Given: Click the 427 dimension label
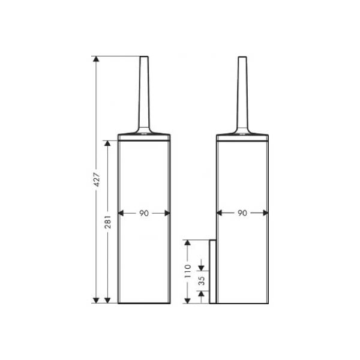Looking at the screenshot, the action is coord(97,179).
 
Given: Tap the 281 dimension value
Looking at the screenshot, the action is coord(108,222).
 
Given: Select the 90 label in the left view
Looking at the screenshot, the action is coord(144,213).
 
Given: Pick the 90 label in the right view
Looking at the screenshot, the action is coord(242,213).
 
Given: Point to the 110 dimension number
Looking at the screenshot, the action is coord(188,271).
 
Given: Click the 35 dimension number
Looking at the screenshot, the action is coord(202,281).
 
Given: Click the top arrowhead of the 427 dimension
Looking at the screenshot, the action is coord(96,59).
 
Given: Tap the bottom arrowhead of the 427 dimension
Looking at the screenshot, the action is coord(96,301).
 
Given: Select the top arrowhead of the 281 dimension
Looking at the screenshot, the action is coord(107,143).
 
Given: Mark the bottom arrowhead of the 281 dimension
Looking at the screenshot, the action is coord(107,301).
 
